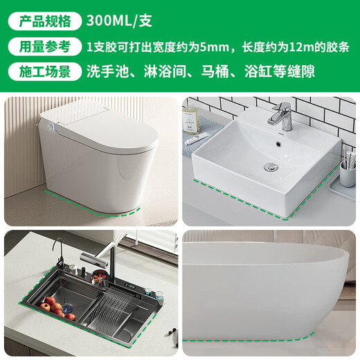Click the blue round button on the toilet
52,127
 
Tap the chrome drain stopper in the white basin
271,166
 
